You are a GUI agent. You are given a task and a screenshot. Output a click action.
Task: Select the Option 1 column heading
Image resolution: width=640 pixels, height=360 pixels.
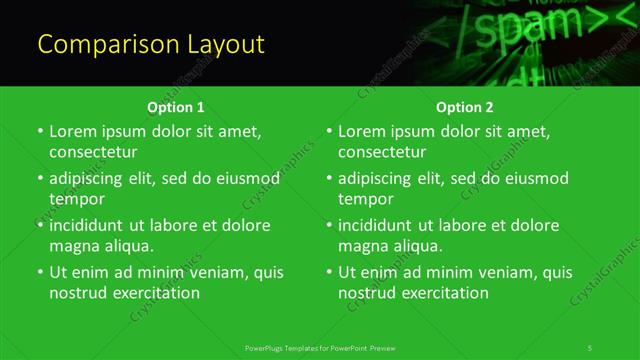coord(176,107)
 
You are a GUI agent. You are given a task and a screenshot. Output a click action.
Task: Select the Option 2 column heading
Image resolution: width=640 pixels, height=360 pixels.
coord(464,107)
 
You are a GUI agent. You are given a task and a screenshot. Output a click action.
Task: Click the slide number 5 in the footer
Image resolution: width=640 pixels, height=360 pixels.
coord(590,347)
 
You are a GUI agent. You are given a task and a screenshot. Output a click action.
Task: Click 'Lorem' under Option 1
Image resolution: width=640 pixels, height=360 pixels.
coord(73,131)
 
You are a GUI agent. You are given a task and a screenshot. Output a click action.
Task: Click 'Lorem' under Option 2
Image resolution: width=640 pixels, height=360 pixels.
coord(362,131)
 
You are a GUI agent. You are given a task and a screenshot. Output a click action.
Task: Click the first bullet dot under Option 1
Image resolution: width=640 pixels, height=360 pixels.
coord(40,132)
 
